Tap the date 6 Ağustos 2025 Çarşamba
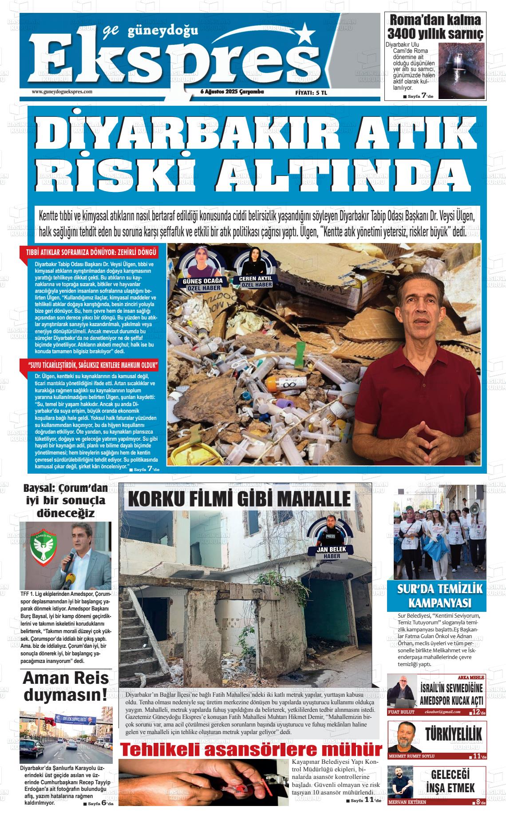232,92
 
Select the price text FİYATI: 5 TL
311,92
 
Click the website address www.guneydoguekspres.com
62,92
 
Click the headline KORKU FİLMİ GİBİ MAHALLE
239,499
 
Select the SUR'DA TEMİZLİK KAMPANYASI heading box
436,596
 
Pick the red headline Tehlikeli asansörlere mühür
251,750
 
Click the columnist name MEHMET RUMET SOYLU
412,756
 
